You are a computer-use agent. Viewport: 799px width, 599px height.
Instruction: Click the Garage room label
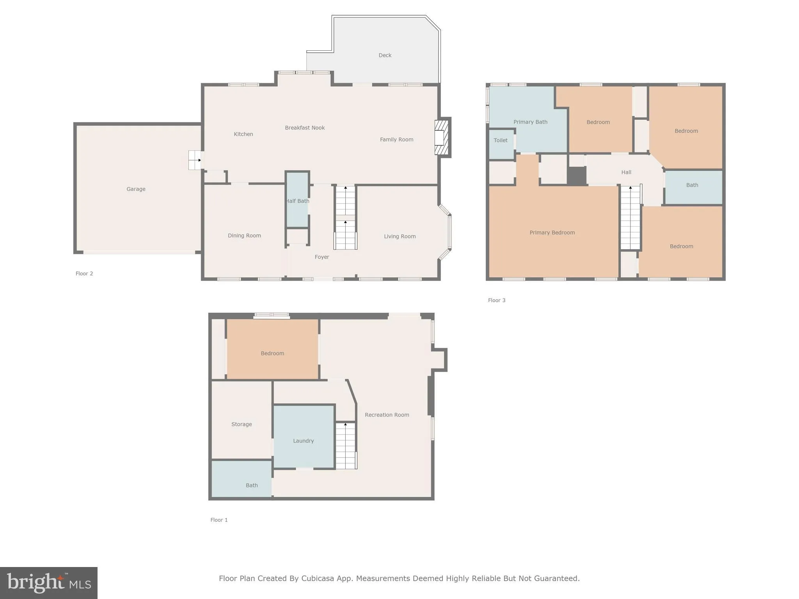coord(136,189)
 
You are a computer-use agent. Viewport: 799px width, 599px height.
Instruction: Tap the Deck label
coord(385,55)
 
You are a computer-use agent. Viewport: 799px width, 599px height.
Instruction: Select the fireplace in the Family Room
coord(441,138)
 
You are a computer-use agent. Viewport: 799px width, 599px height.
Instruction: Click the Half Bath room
coord(298,201)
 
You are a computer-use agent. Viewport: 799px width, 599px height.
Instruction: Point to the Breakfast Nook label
coord(305,128)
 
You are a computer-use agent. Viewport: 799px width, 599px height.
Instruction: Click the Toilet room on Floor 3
coord(501,140)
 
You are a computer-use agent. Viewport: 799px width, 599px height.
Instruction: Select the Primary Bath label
coord(530,122)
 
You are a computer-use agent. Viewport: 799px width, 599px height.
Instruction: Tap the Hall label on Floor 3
coord(626,172)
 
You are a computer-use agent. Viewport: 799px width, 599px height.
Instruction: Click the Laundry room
coord(304,441)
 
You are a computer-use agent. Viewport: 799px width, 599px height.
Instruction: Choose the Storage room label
coord(241,424)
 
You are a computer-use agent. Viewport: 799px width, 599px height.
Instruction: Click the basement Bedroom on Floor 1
coord(272,353)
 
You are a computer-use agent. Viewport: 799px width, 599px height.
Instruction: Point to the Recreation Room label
coord(387,415)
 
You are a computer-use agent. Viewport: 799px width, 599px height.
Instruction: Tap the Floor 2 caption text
coord(84,274)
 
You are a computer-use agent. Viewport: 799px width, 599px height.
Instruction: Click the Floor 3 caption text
coord(497,300)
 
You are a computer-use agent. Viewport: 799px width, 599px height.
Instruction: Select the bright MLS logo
coord(49,583)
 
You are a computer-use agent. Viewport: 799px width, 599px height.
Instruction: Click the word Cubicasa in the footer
coord(317,578)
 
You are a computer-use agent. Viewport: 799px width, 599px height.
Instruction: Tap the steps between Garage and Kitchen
coord(195,160)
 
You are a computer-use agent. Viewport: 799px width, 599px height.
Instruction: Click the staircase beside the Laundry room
coord(346,446)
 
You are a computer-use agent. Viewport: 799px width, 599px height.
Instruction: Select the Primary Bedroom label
coord(552,233)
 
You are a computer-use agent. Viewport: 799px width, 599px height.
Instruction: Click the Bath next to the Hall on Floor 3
coord(692,185)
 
